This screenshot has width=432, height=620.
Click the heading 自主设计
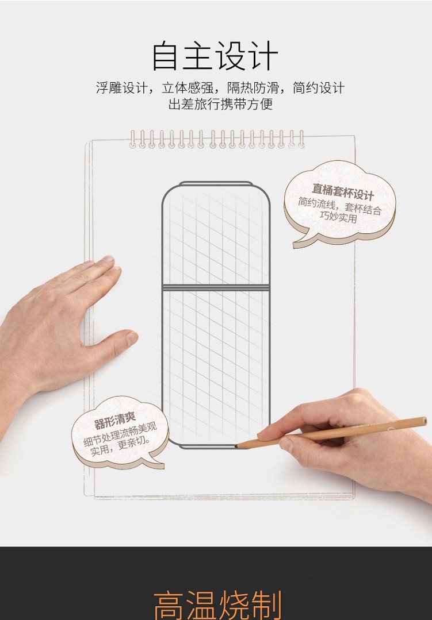point(215,56)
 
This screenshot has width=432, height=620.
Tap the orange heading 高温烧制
point(217,605)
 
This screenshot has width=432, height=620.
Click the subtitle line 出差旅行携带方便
point(220,105)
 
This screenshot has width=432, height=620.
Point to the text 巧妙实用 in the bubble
point(339,217)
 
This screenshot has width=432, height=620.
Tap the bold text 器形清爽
point(115,421)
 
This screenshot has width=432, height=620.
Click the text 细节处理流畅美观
point(120,434)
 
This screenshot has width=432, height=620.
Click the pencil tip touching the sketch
point(238,446)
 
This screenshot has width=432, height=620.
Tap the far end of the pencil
point(425,421)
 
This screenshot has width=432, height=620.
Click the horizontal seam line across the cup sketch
point(216,287)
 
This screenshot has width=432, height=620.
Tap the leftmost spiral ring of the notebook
point(133,139)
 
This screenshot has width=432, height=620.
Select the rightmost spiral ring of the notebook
point(301,139)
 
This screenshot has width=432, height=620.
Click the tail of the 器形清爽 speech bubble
point(156,463)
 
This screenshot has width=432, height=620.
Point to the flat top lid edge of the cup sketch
point(216,183)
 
